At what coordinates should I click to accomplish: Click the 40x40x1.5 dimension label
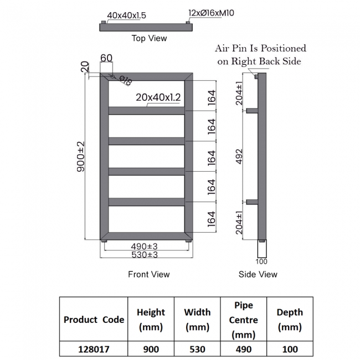pyautogui.click(x=127, y=16)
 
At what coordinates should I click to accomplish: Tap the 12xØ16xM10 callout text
pyautogui.click(x=212, y=12)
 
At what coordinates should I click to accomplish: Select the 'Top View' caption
pyautogui.click(x=149, y=38)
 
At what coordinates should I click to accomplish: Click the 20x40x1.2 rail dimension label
pyautogui.click(x=159, y=97)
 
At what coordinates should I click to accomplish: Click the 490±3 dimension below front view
pyautogui.click(x=145, y=246)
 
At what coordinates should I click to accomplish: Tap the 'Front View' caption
pyautogui.click(x=148, y=274)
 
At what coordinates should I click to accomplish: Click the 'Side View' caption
pyautogui.click(x=258, y=274)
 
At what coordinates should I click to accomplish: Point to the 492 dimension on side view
pyautogui.click(x=239, y=156)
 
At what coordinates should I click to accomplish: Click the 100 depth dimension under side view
pyautogui.click(x=261, y=261)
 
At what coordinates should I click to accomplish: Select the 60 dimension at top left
pyautogui.click(x=106, y=58)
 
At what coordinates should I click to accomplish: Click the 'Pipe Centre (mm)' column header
pyautogui.click(x=244, y=320)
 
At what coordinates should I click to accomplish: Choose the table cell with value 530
pyautogui.click(x=197, y=349)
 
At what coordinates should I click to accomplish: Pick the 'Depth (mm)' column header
pyautogui.click(x=290, y=320)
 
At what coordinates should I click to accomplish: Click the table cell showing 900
pyautogui.click(x=151, y=349)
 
